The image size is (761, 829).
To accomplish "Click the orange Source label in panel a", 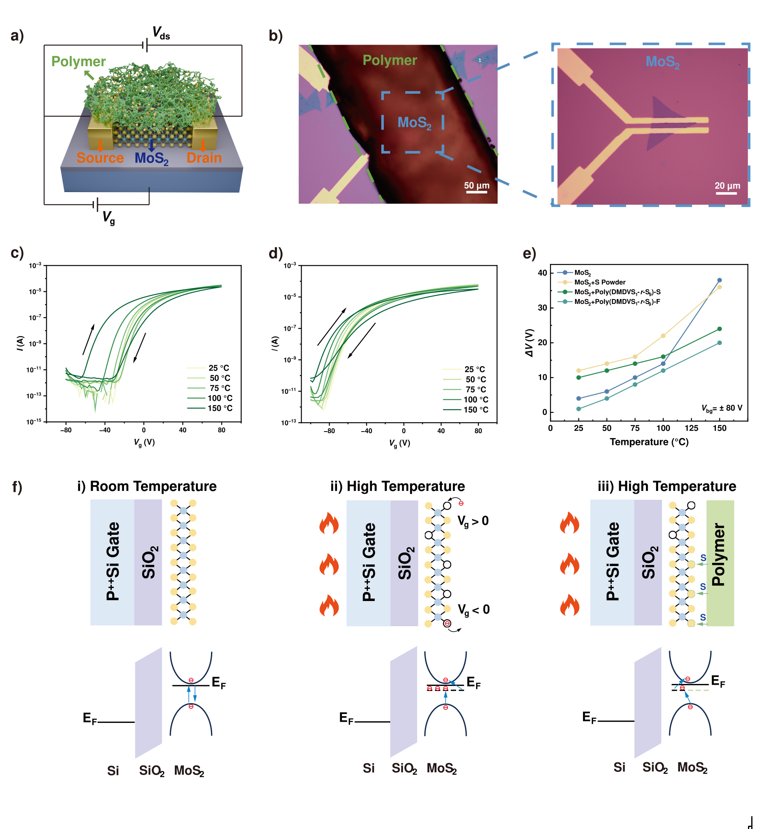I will tap(100, 158).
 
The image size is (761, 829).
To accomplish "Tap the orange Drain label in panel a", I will tap(204, 158).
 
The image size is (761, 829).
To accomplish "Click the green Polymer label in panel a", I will tap(78, 62).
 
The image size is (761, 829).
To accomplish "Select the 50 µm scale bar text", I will tap(476, 185).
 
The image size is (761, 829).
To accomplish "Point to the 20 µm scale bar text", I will tap(727, 186).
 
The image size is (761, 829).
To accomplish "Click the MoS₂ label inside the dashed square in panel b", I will tap(414, 123).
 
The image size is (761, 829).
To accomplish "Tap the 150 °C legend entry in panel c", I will tap(220, 408).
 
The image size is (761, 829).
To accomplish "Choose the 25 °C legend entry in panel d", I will tap(474, 369).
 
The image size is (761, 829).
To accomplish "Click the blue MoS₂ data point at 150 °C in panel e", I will tap(720, 280).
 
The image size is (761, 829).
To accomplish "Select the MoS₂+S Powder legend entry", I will tap(600, 282).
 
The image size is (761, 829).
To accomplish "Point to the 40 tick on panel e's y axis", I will tap(542, 273).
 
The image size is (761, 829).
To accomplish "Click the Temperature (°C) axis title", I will tap(649, 442).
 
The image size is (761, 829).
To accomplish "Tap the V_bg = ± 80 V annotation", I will tap(722, 408).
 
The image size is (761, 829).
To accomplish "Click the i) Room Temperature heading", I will tap(147, 486).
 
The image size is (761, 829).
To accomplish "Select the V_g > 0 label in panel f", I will tap(473, 521).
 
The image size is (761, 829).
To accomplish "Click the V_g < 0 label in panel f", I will tap(474, 610).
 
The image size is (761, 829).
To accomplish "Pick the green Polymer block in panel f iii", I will tap(720, 563).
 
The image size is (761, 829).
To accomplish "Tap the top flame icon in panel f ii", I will tap(329, 523).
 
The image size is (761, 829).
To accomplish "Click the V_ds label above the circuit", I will tap(161, 33).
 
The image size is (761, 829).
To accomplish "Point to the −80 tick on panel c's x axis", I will tap(66, 430).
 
